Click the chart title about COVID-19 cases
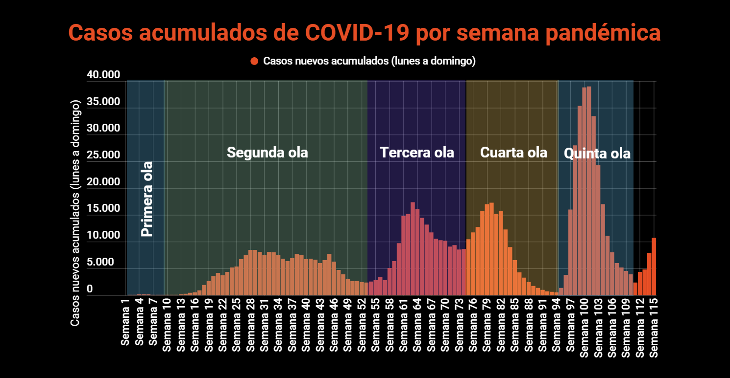point(365,33)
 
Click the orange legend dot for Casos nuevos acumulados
point(254,61)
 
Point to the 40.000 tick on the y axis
point(103,75)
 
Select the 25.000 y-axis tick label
point(103,156)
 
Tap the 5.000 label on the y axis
point(100,263)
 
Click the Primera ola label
point(147,199)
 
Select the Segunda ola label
point(268,153)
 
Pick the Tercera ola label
point(417,153)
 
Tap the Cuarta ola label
point(513,153)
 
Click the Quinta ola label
point(597,154)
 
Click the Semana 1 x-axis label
point(125,326)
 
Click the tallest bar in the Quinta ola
point(588,191)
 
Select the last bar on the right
point(653,267)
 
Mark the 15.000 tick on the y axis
point(103,209)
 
